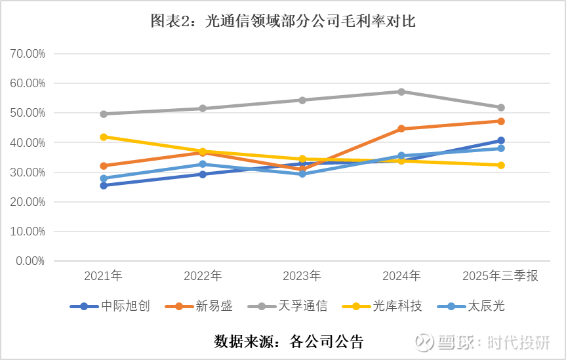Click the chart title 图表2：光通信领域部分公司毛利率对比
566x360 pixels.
point(283,22)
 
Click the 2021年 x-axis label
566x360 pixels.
point(103,276)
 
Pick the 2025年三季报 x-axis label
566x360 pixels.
point(500,276)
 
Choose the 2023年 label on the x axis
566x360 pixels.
point(302,276)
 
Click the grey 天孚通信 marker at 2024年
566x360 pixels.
point(401,92)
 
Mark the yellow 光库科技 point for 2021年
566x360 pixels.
point(104,137)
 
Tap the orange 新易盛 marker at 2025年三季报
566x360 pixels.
point(501,121)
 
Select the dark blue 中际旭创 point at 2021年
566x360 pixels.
point(104,186)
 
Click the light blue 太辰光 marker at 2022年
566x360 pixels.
point(203,164)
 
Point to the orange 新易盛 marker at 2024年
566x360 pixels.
point(401,129)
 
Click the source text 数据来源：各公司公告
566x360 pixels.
point(289,342)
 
